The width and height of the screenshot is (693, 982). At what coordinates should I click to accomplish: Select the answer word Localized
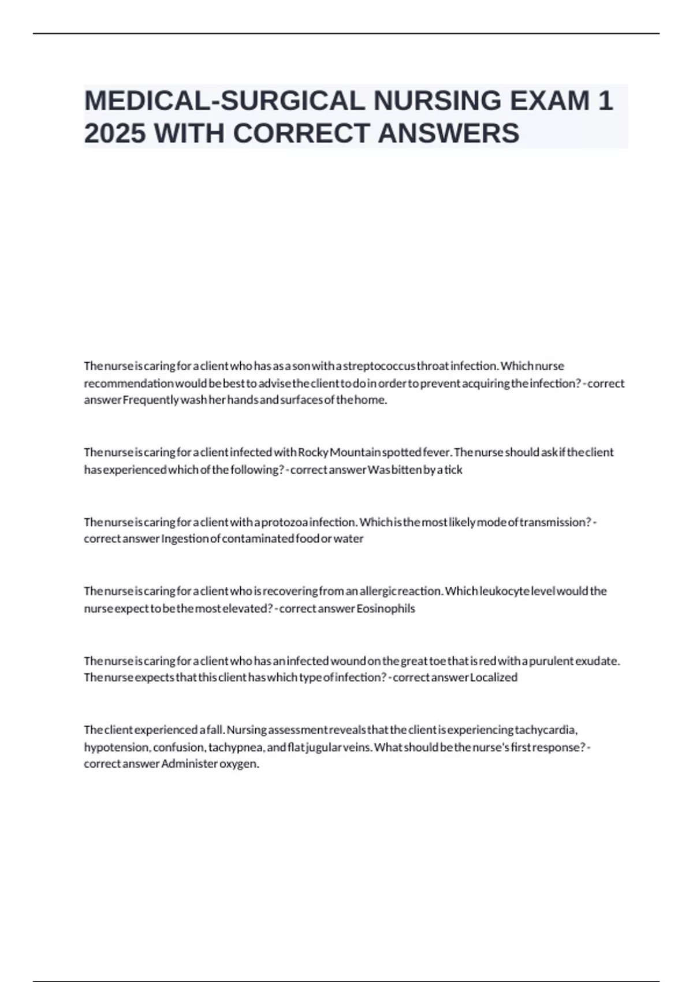tap(494, 678)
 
